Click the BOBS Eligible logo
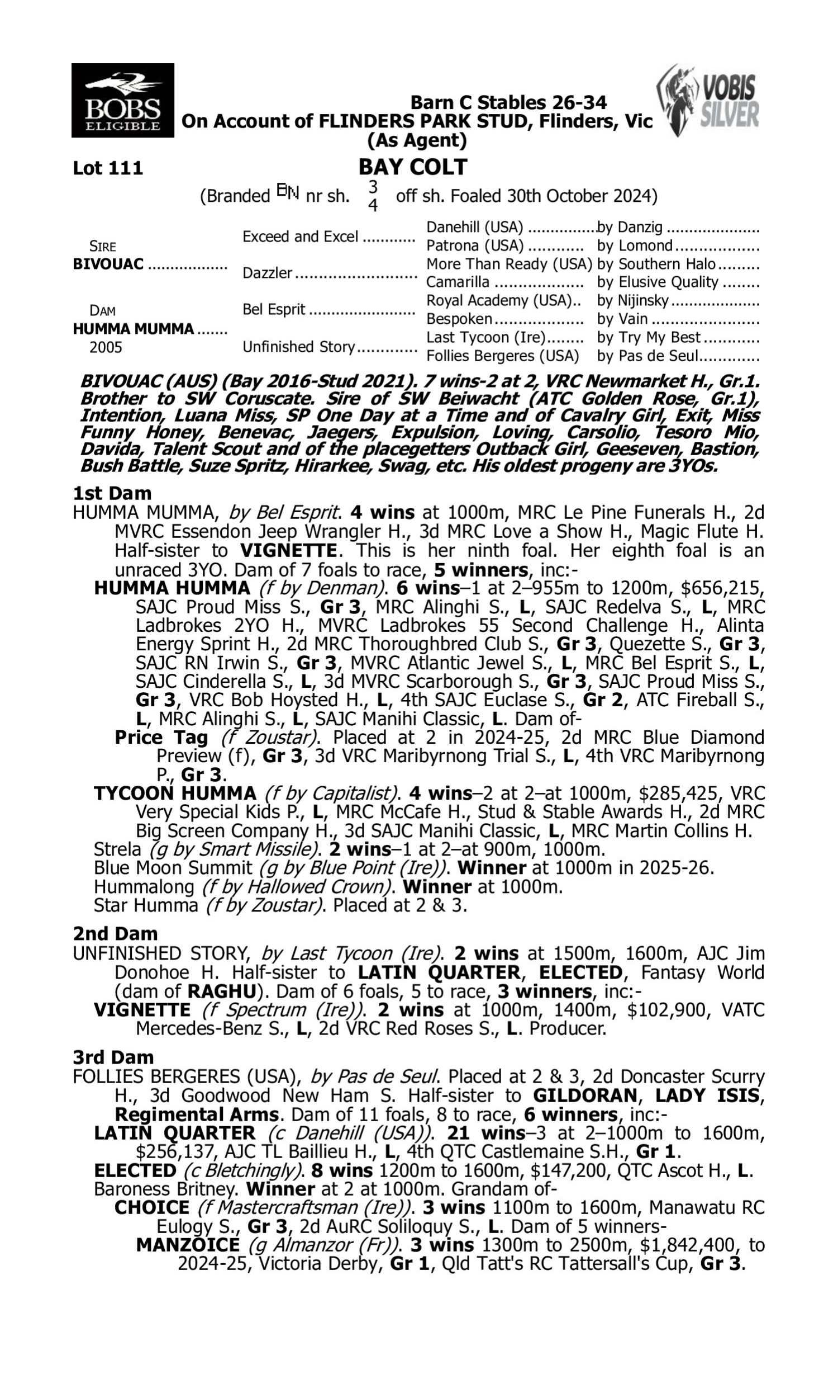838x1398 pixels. pyautogui.click(x=122, y=101)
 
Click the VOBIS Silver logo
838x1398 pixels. pyautogui.click(x=708, y=101)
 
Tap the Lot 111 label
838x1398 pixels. pyautogui.click(x=108, y=168)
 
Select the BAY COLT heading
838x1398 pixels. pyautogui.click(x=413, y=167)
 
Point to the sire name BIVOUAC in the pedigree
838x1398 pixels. pyautogui.click(x=108, y=265)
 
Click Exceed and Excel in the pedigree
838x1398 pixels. pyautogui.click(x=300, y=237)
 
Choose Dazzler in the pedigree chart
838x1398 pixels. pyautogui.click(x=267, y=273)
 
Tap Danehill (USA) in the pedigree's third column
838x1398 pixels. pyautogui.click(x=474, y=228)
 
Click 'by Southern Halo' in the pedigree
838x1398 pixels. pyautogui.click(x=656, y=264)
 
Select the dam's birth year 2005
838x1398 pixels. pyautogui.click(x=106, y=347)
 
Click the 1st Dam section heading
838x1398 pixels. pyautogui.click(x=112, y=493)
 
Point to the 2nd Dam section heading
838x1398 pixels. pyautogui.click(x=115, y=933)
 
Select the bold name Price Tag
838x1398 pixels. pyautogui.click(x=161, y=738)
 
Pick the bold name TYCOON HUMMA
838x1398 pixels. pyautogui.click(x=175, y=794)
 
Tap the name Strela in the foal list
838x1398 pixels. pyautogui.click(x=117, y=849)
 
